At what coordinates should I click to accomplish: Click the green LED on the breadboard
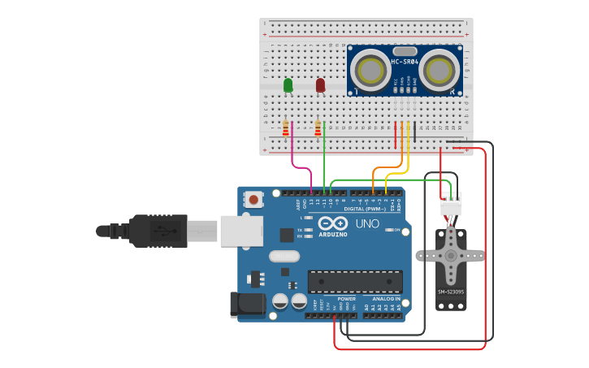(x=288, y=84)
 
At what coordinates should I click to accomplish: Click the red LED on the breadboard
(x=320, y=84)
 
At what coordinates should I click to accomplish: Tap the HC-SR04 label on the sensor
(x=405, y=62)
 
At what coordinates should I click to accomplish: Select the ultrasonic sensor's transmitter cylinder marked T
(x=372, y=70)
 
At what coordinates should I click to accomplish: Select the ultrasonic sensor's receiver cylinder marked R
(x=439, y=70)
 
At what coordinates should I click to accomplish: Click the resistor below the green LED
(x=285, y=128)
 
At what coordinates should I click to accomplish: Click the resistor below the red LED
(x=318, y=128)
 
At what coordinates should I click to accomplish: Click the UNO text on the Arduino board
(x=367, y=223)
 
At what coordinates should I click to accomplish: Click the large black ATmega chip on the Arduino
(x=355, y=282)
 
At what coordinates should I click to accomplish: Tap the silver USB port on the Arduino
(x=241, y=231)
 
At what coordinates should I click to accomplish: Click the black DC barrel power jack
(x=247, y=305)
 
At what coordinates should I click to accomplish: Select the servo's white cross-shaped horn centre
(x=450, y=255)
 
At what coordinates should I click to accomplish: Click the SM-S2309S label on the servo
(x=450, y=292)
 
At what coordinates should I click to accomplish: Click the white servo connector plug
(x=450, y=207)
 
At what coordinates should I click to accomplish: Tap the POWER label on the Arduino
(x=346, y=298)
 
